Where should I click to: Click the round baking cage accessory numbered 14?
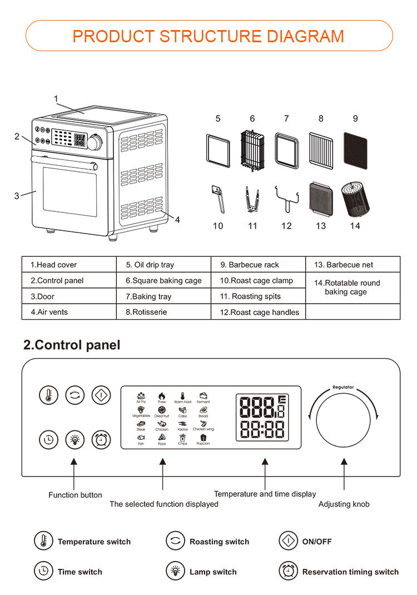click(x=354, y=199)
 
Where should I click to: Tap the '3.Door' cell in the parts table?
click(x=69, y=296)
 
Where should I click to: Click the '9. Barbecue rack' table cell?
click(x=259, y=265)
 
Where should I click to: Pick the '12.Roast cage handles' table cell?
click(x=259, y=312)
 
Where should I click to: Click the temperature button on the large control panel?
click(x=49, y=395)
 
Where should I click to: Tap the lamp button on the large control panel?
click(x=75, y=439)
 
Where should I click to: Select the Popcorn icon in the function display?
click(x=203, y=439)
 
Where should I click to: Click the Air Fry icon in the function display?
click(x=141, y=397)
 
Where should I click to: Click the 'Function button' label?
click(x=75, y=495)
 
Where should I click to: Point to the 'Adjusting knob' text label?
click(x=344, y=504)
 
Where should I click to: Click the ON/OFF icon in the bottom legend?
click(x=287, y=541)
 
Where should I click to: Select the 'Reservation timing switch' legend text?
click(x=350, y=572)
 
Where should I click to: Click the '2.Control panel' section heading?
click(x=72, y=345)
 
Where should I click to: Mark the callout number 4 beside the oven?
click(x=177, y=220)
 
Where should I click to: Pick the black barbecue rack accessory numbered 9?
click(x=355, y=149)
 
